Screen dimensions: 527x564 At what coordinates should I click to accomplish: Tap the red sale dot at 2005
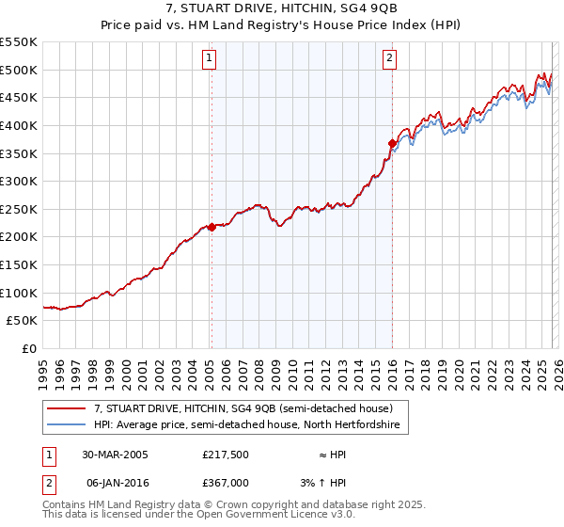click(x=211, y=227)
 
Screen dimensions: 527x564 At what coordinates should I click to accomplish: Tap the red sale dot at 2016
click(x=392, y=143)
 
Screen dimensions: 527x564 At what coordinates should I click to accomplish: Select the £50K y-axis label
click(x=23, y=321)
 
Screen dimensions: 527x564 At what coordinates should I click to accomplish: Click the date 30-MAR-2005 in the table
click(x=115, y=454)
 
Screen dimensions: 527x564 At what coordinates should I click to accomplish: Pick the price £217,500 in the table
click(x=225, y=454)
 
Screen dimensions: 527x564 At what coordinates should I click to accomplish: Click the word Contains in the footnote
click(x=66, y=505)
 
